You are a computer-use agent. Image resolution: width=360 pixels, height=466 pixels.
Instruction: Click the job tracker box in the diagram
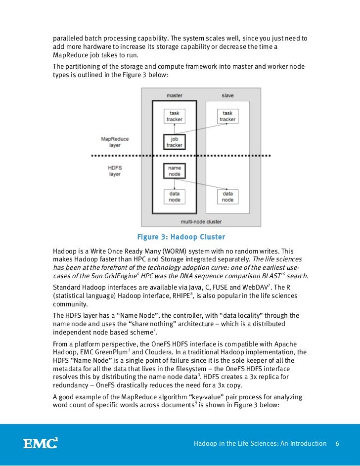coord(174,142)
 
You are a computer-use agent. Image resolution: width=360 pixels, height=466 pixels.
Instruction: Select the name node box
coord(174,171)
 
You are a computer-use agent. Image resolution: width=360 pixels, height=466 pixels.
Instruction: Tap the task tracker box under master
coord(174,116)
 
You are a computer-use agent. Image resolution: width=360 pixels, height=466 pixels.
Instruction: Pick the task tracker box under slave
coord(227,116)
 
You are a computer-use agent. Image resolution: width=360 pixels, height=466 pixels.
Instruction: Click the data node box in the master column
coord(174,197)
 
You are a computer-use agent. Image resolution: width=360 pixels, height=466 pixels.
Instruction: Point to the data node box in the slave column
coord(227,197)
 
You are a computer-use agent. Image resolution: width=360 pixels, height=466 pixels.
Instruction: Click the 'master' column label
coord(174,95)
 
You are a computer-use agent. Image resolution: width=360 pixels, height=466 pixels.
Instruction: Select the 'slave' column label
coord(227,95)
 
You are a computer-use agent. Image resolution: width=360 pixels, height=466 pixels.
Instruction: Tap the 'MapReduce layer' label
coord(115,142)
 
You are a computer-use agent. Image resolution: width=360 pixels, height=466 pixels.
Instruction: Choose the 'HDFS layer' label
coord(115,171)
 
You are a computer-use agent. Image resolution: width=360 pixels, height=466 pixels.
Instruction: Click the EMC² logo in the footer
coord(41,443)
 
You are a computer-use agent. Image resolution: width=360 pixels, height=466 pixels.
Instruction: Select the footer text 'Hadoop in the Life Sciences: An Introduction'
coord(260,443)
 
